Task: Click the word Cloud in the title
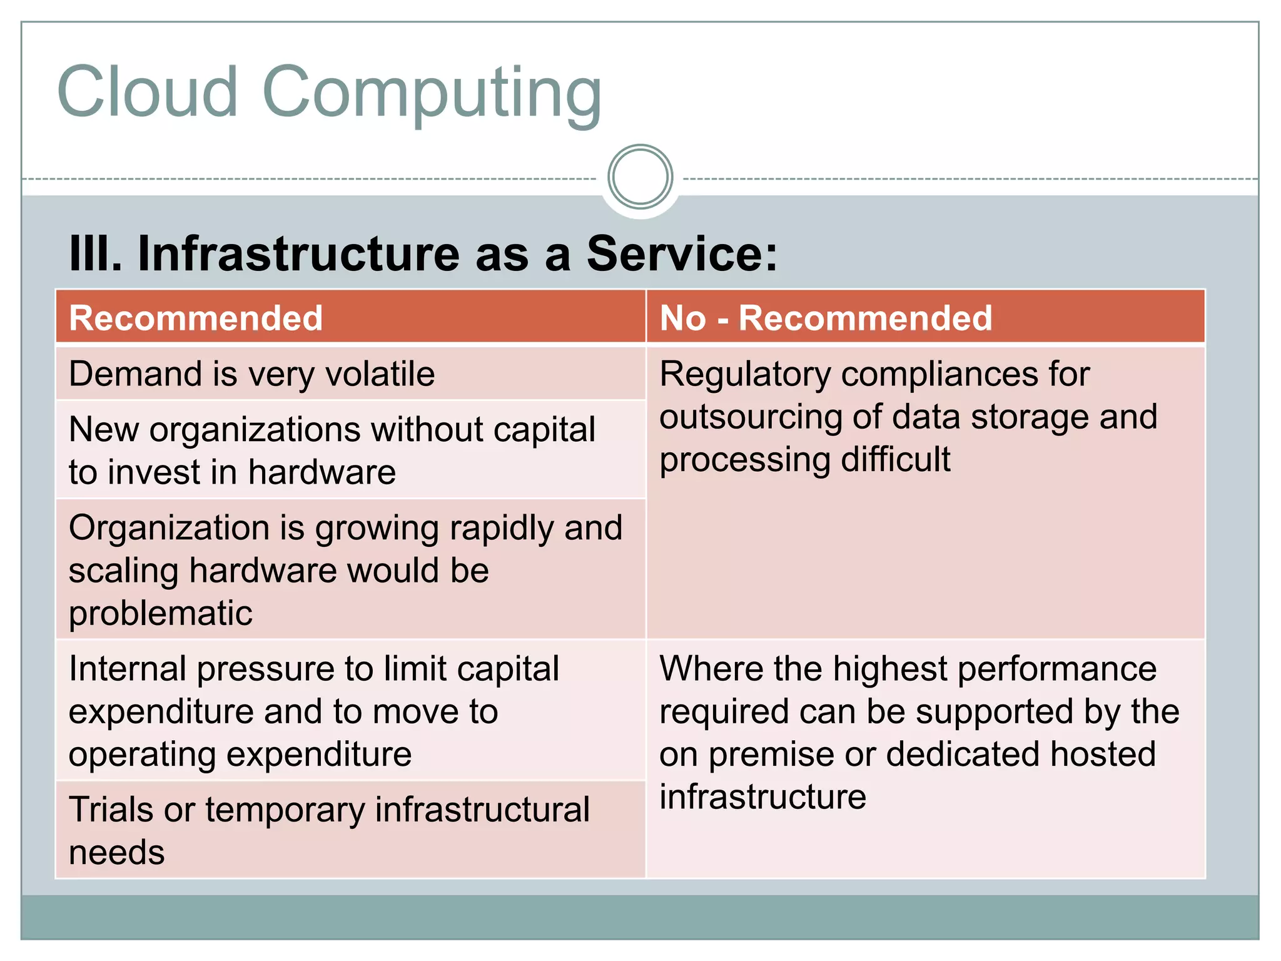click(148, 93)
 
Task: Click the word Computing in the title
click(432, 94)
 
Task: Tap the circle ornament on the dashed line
click(640, 177)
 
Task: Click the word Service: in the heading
click(682, 253)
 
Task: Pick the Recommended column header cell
click(350, 317)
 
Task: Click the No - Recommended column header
click(924, 317)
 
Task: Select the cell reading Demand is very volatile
click(350, 374)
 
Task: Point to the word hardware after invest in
click(322, 472)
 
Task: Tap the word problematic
click(161, 613)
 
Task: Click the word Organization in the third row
click(169, 528)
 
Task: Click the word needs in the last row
click(117, 853)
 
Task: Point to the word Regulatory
click(744, 375)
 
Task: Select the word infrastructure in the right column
click(762, 797)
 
